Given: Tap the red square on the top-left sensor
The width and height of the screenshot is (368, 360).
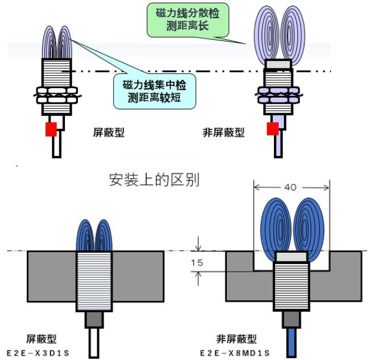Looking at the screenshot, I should pyautogui.click(x=51, y=130).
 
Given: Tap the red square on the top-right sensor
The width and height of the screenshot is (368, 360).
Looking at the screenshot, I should pyautogui.click(x=273, y=129).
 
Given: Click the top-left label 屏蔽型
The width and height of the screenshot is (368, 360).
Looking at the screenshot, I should pyautogui.click(x=108, y=133).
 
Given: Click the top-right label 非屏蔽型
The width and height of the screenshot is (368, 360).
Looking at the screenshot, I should pyautogui.click(x=223, y=133).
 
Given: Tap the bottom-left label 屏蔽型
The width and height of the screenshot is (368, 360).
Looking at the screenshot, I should pyautogui.click(x=42, y=340).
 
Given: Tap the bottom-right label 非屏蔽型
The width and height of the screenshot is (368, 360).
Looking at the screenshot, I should pyautogui.click(x=236, y=340).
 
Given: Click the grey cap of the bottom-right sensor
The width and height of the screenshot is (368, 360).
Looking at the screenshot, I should pyautogui.click(x=291, y=256).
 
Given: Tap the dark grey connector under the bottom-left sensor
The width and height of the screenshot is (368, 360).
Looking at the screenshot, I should pyautogui.click(x=94, y=320).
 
